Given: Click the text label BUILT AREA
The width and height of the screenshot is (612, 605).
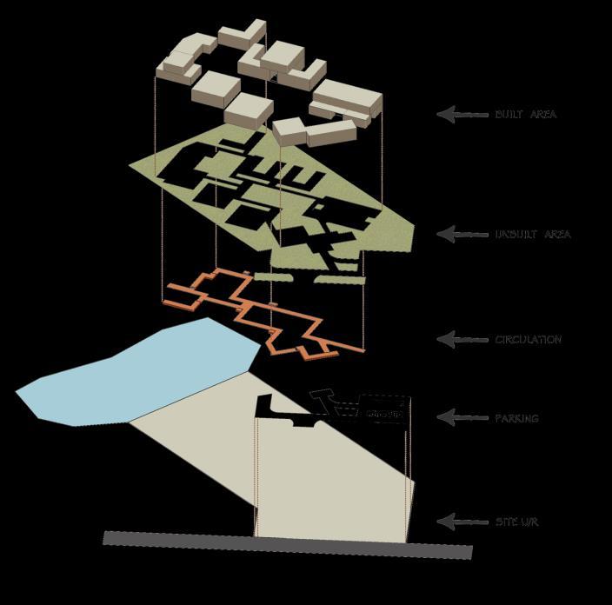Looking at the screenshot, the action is [525, 115].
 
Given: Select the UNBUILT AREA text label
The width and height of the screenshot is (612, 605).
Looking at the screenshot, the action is [533, 235].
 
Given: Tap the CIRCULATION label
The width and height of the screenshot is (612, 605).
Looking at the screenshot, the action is [528, 340].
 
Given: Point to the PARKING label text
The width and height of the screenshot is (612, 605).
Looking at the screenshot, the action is [516, 418].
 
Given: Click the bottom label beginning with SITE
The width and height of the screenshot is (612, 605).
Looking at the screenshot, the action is [516, 522].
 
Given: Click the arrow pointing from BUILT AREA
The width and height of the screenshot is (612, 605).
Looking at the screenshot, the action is [462, 114].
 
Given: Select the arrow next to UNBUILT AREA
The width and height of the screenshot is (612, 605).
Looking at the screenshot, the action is [462, 234].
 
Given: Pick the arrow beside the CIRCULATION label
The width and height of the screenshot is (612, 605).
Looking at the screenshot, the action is [462, 339].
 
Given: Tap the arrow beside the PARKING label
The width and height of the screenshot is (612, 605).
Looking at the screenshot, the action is [462, 417].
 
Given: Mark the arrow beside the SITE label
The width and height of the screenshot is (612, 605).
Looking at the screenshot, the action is [462, 522].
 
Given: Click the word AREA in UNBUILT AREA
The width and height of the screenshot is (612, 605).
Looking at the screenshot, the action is [557, 235].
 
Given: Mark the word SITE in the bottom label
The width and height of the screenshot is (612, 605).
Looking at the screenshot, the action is [505, 522].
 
